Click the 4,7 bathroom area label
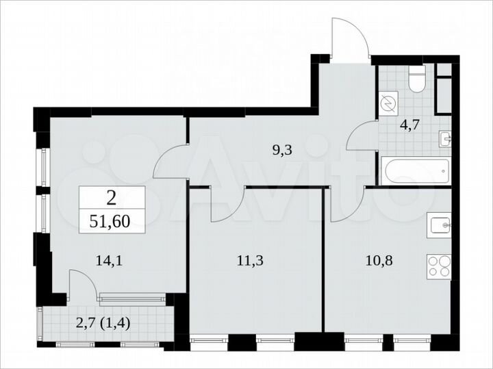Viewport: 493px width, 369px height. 409,125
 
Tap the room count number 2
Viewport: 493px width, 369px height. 111,199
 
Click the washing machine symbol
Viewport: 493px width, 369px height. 388,103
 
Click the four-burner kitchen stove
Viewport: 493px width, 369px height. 439,266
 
